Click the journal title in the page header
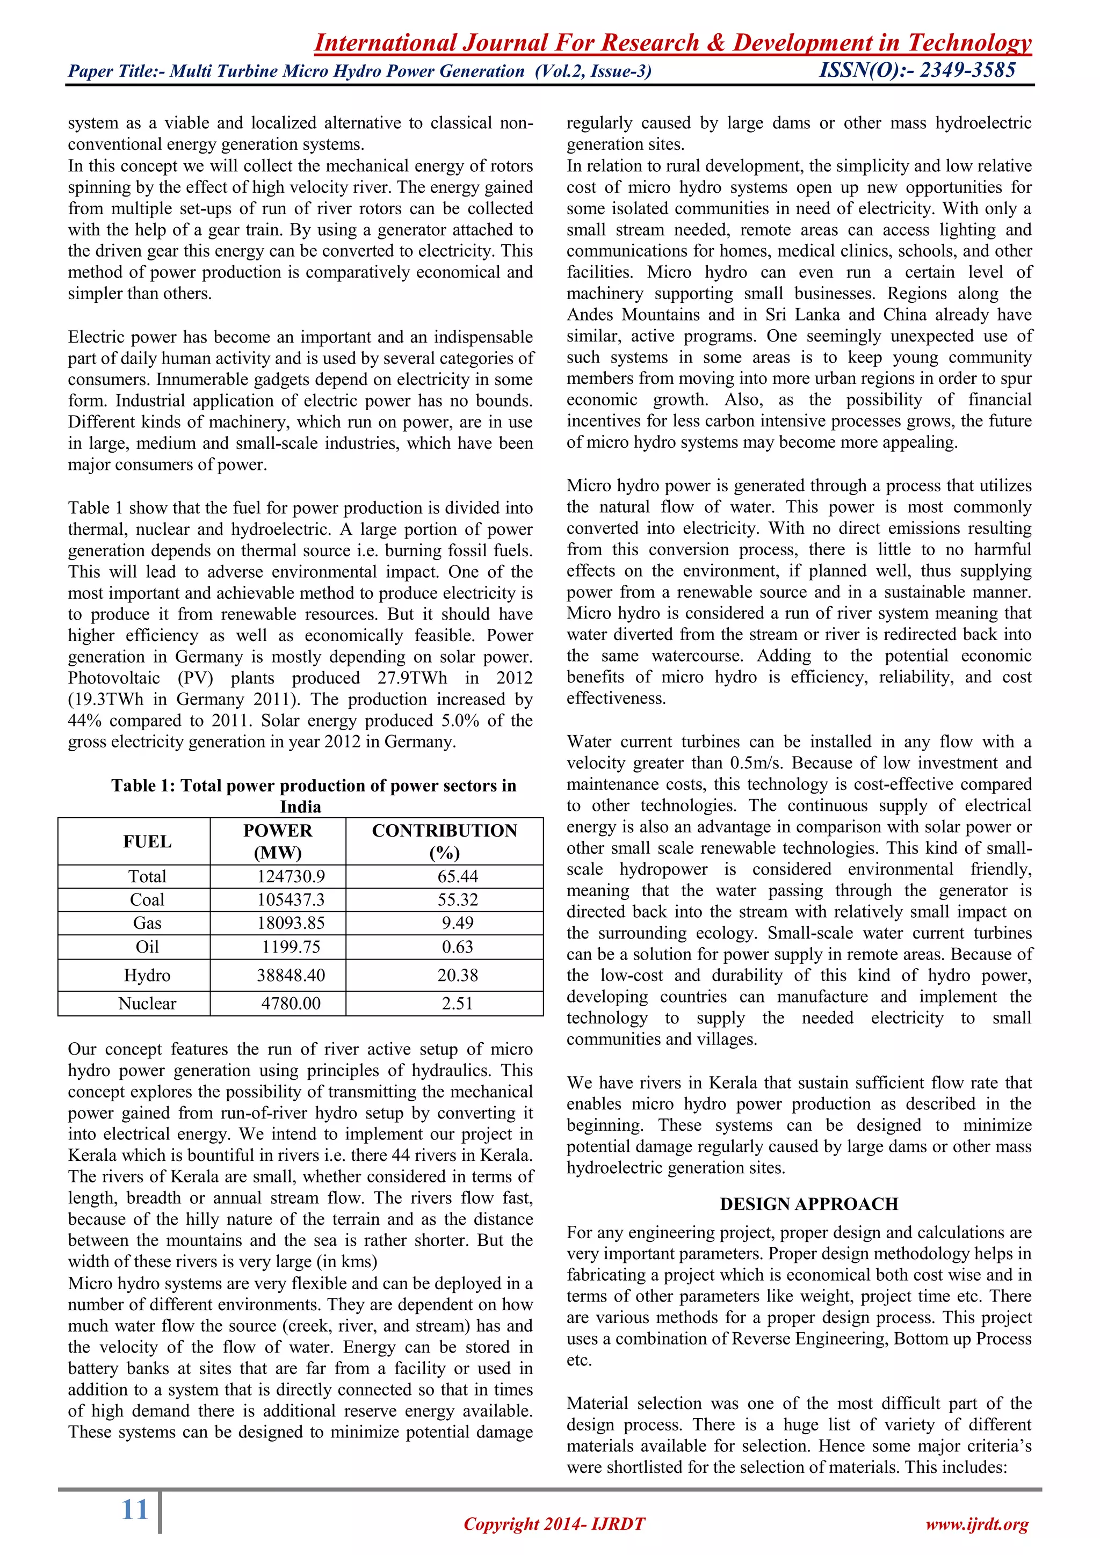672,42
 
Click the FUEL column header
147,841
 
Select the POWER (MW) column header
278,841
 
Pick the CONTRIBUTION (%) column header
444,841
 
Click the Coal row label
147,899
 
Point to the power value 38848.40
291,975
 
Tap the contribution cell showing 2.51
457,1003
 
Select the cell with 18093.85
291,923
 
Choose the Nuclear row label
147,1003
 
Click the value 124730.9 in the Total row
291,876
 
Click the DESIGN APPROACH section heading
809,1203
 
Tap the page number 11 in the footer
134,1509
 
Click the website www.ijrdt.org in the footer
976,1524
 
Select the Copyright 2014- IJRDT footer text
554,1524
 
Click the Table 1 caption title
314,795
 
